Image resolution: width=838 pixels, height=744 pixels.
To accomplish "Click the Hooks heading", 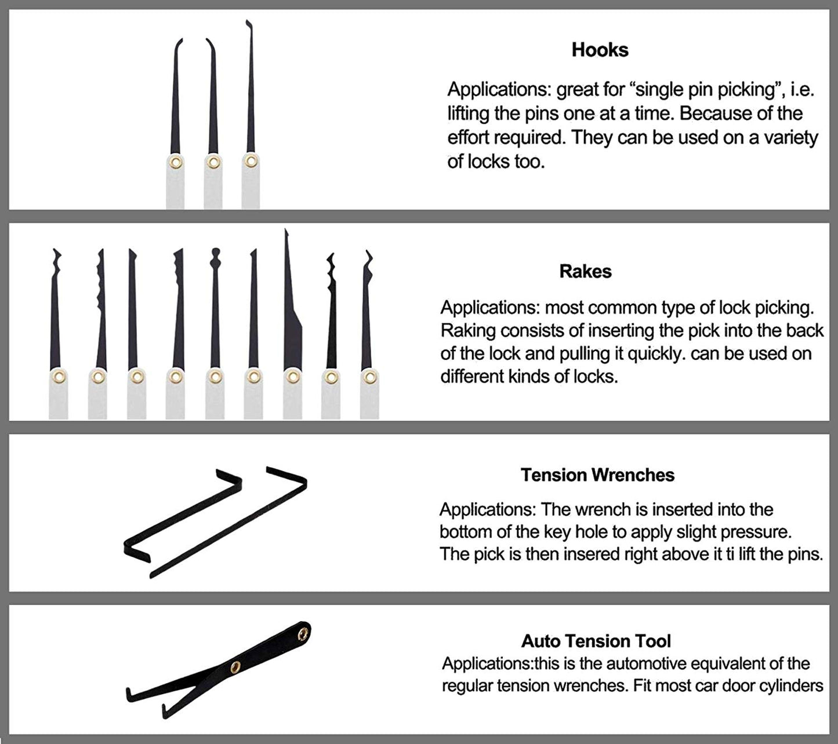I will [x=600, y=50].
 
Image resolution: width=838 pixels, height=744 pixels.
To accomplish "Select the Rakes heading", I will [x=585, y=271].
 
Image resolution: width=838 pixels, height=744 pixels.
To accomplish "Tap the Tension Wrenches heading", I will [x=597, y=475].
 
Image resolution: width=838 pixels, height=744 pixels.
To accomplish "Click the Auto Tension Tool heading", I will [x=596, y=641].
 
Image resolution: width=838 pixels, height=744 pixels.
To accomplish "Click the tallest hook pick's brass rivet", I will [x=251, y=161].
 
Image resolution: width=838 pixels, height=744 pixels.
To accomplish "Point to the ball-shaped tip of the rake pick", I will [x=215, y=253].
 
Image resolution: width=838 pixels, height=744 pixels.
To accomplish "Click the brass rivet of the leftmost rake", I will [x=58, y=377].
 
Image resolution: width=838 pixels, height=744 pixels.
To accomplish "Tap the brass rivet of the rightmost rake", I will [x=368, y=377].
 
